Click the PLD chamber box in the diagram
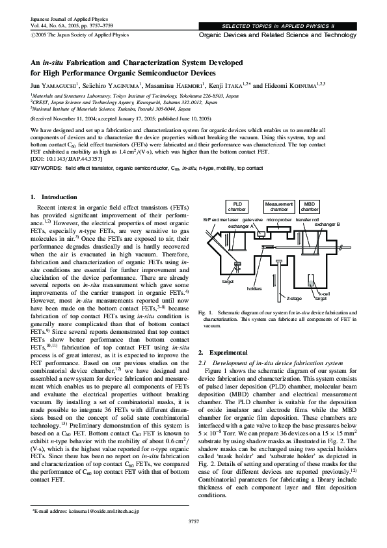coord(237,206)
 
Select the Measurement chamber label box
coord(279,206)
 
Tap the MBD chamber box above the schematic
coord(310,206)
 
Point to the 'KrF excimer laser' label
coord(221,220)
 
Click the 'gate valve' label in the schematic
coord(252,220)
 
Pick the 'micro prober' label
coord(279,220)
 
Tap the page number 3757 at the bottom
coord(193,522)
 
